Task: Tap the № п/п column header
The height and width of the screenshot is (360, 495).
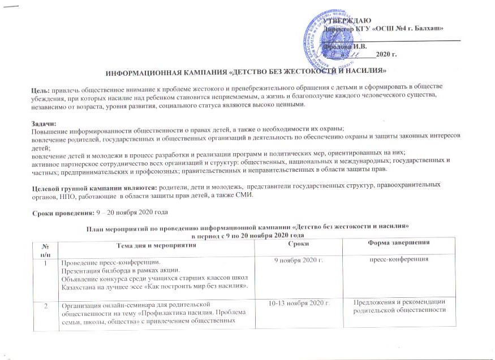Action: pyautogui.click(x=46, y=247)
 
